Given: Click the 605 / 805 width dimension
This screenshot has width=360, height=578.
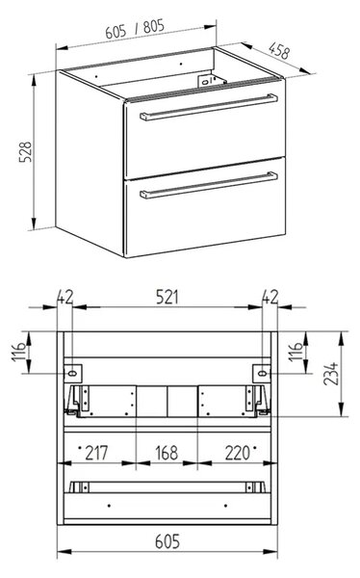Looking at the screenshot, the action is (135, 29).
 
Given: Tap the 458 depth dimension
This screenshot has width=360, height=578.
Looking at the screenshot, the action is (279, 50).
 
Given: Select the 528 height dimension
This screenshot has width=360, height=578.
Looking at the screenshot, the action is (26, 151).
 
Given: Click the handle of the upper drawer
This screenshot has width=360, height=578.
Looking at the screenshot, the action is (209, 107).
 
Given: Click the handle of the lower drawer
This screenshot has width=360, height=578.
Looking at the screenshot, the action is (209, 185).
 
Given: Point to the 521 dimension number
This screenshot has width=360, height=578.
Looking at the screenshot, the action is (167, 297).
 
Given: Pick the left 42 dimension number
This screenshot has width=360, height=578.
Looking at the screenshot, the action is (65, 297).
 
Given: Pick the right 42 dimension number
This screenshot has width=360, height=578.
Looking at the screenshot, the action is (270, 297).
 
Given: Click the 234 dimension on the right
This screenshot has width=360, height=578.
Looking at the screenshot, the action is (330, 374).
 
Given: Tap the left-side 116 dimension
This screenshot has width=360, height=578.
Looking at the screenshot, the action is (19, 352).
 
